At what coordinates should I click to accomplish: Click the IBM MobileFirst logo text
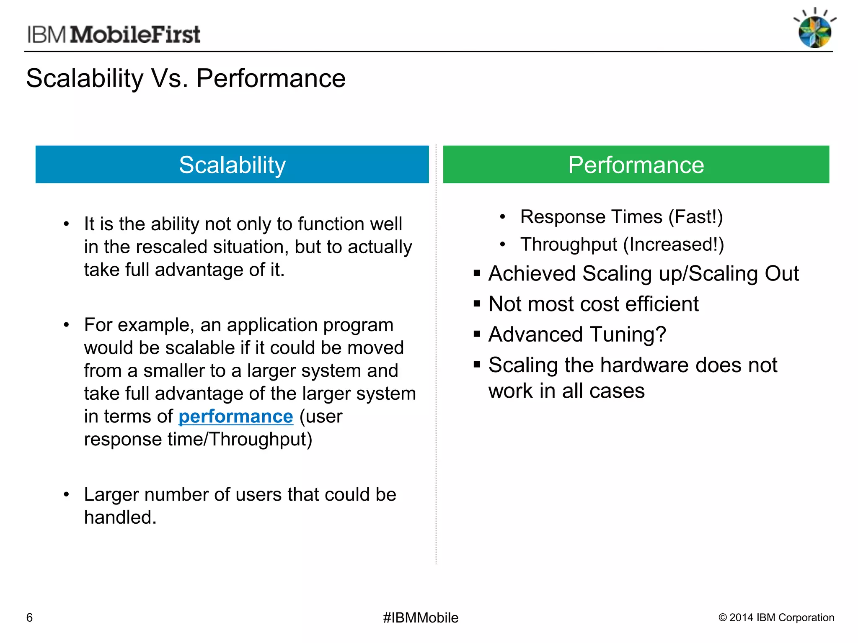pyautogui.click(x=114, y=34)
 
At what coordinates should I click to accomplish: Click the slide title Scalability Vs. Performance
pyautogui.click(x=186, y=78)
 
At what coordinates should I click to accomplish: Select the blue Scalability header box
pyautogui.click(x=232, y=165)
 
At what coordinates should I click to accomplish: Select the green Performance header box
pyautogui.click(x=636, y=165)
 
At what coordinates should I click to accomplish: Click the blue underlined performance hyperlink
pyautogui.click(x=235, y=417)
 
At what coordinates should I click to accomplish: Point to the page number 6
pyautogui.click(x=29, y=617)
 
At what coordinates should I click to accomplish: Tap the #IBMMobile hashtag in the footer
pyautogui.click(x=421, y=617)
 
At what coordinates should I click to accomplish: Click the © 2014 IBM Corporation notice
pyautogui.click(x=776, y=617)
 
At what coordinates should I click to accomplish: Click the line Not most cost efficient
pyautogui.click(x=593, y=304)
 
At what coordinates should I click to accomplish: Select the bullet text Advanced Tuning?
pyautogui.click(x=577, y=334)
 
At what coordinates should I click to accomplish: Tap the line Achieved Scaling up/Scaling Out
pyautogui.click(x=643, y=273)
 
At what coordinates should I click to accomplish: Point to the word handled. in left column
pyautogui.click(x=120, y=517)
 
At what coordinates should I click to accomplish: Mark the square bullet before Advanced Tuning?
pyautogui.click(x=477, y=334)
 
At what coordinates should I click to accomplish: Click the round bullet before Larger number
pyautogui.click(x=66, y=495)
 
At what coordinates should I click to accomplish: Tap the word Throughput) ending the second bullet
pyautogui.click(x=261, y=440)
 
